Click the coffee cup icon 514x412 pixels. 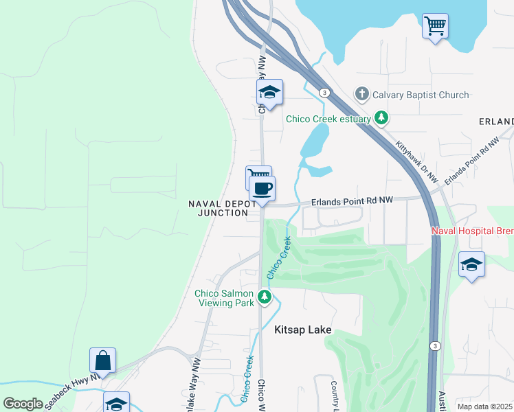[262, 187]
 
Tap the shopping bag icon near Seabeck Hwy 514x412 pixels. [102, 360]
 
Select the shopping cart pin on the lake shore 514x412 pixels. [435, 26]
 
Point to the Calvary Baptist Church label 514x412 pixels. [420, 95]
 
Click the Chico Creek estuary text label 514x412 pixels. [328, 119]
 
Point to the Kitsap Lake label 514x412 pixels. [302, 330]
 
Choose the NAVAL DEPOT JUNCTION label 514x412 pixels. [219, 209]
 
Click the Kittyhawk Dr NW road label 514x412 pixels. [417, 163]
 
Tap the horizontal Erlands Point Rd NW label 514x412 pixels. [352, 201]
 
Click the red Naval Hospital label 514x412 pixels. [472, 231]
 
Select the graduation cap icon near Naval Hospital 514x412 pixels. [471, 264]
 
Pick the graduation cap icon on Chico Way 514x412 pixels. [270, 93]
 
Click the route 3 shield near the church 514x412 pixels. [322, 92]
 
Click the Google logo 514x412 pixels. [23, 404]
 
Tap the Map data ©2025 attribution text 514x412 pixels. [485, 407]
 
